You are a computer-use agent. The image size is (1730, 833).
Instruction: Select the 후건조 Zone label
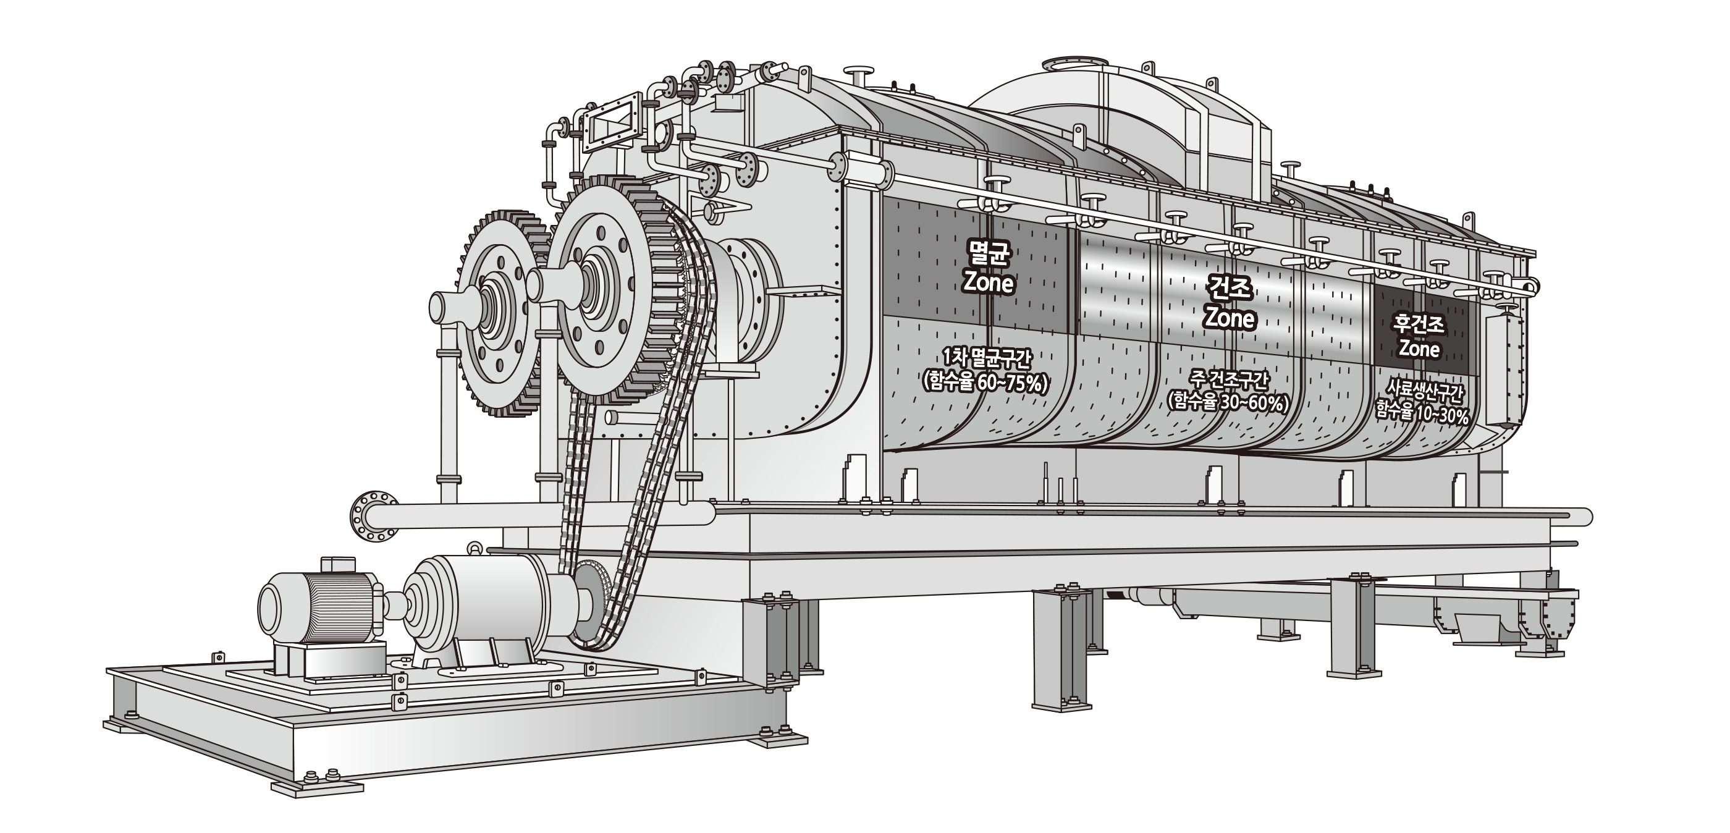[1420, 338]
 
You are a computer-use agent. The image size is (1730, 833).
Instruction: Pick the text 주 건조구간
[1228, 380]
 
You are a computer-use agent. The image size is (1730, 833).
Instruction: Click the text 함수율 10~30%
[1422, 412]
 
